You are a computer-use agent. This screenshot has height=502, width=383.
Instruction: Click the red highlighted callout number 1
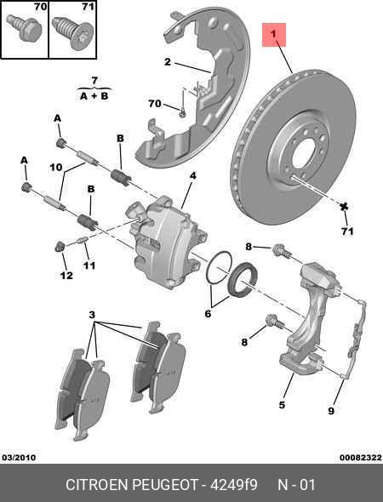coord(275,35)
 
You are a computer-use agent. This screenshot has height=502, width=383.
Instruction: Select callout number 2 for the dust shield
coord(168,61)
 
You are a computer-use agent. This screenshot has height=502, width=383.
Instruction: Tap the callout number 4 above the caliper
coord(192,176)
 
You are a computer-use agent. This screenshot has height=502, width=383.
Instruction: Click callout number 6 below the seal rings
coord(208,313)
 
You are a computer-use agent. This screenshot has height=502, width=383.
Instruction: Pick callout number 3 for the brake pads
coord(92,315)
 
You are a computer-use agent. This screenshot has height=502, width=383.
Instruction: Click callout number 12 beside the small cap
coord(66,276)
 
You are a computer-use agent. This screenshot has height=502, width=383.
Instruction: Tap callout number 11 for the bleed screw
coord(89,265)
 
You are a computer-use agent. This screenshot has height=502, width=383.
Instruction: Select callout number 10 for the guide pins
coord(55,167)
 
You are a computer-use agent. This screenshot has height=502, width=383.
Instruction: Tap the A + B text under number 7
coord(94,96)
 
